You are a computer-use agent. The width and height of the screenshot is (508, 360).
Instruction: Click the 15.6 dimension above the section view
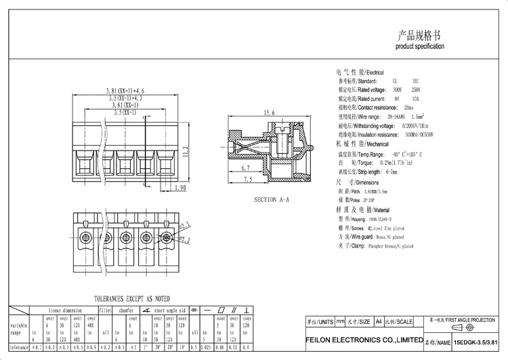pyautogui.click(x=269, y=113)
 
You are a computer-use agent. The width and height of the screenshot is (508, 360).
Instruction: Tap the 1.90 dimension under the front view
pyautogui.click(x=179, y=188)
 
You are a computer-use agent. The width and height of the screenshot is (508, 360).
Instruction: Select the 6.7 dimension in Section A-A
pyautogui.click(x=245, y=167)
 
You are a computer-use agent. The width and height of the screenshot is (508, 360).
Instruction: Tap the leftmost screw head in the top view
pyautogui.click(x=86, y=237)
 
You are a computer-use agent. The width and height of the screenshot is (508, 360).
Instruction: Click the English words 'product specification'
pyautogui.click(x=420, y=47)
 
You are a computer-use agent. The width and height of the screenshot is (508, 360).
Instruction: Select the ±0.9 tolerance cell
pyautogui.click(x=92, y=348)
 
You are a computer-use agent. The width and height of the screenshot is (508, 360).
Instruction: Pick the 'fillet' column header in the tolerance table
pyautogui.click(x=105, y=309)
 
